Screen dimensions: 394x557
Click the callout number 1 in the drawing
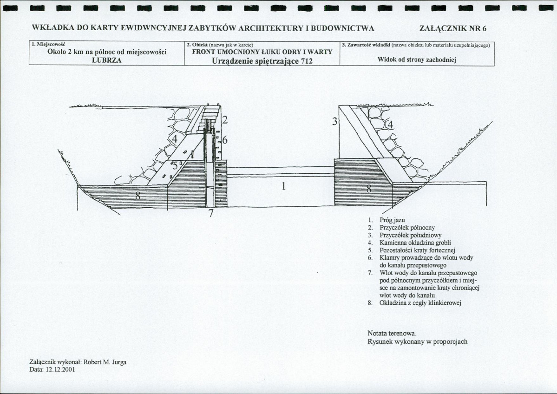click(x=282, y=187)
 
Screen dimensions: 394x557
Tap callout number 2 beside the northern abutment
click(x=224, y=120)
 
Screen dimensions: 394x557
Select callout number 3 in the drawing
click(x=334, y=122)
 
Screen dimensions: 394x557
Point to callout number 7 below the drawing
click(x=211, y=214)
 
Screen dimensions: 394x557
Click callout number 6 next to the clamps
click(x=225, y=140)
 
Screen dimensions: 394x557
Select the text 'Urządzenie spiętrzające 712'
click(x=262, y=60)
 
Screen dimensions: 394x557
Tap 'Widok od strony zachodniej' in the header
click(x=418, y=60)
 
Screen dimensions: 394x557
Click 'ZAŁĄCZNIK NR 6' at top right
click(x=452, y=28)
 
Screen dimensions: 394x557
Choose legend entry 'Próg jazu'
click(x=393, y=220)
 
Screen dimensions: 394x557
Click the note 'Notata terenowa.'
click(x=392, y=333)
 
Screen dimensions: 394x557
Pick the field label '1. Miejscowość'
click(x=50, y=44)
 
